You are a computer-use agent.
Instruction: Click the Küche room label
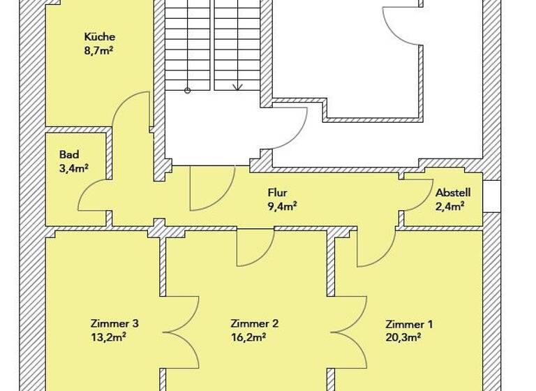99,37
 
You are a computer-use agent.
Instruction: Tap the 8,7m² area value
99,50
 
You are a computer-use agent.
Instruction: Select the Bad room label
69,154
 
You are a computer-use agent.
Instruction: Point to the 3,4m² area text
73,168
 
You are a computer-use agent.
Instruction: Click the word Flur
277,193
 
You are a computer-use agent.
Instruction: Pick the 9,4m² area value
283,206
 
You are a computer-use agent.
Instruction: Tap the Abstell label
453,193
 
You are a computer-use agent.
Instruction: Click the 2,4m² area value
450,206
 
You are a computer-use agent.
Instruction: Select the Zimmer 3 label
114,323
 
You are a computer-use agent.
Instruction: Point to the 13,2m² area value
108,337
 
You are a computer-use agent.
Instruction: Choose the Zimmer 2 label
255,323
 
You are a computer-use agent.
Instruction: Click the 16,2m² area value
248,337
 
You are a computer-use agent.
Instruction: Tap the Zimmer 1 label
409,324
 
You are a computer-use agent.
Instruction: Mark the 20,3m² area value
403,337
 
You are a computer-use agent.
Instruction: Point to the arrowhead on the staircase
237,87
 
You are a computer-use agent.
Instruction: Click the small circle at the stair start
187,90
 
